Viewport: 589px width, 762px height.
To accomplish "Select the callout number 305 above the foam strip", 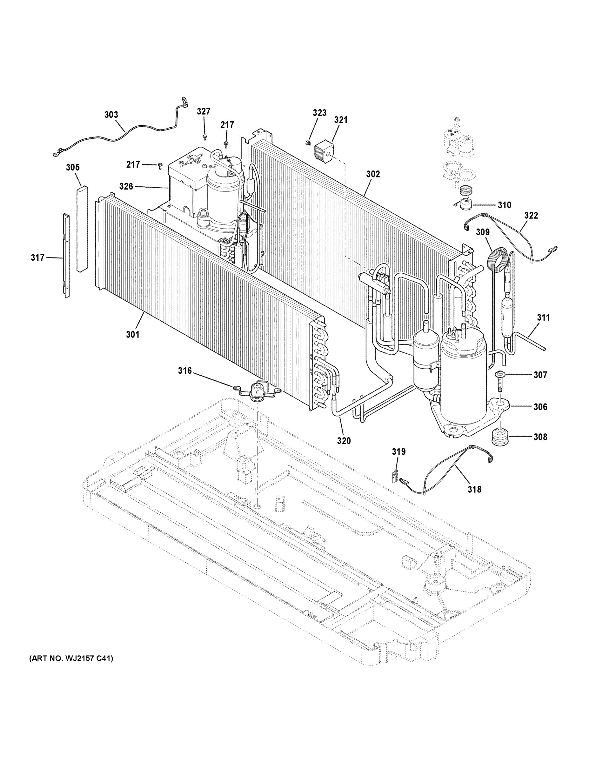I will point(73,167).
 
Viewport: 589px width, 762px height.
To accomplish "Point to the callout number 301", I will point(133,334).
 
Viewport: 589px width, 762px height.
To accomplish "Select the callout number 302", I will point(373,174).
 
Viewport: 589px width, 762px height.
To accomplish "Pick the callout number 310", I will point(504,205).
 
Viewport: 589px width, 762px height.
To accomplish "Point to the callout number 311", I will point(543,317).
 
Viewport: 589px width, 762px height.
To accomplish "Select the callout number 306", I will point(540,406).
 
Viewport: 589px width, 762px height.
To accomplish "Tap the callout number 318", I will point(474,489).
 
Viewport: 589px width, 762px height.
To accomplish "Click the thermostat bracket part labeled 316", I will point(258,389).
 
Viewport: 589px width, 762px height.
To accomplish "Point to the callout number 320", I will point(343,441).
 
